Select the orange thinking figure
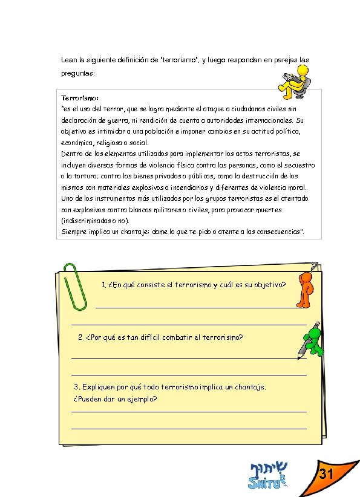305,288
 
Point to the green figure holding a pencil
310,339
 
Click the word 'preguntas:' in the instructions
78,73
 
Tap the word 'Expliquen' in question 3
98,386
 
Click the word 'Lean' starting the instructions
68,60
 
